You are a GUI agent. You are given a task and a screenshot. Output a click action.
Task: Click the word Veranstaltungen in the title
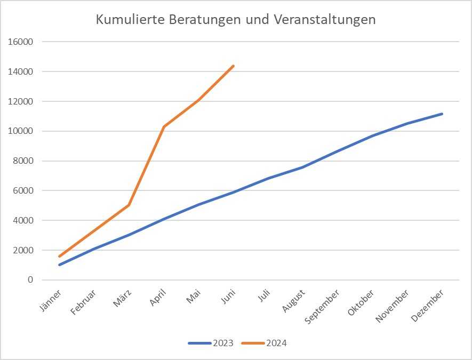(x=325, y=19)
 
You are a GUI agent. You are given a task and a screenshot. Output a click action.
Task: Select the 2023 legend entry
(x=211, y=343)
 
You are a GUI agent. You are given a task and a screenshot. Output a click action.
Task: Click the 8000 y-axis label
(x=24, y=161)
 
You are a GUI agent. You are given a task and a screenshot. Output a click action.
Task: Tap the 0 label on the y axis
(x=30, y=279)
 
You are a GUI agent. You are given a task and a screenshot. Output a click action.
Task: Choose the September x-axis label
(x=321, y=306)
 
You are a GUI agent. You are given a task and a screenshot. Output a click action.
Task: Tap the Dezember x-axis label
(x=427, y=305)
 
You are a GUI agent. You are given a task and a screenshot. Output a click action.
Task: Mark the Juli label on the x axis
(x=263, y=295)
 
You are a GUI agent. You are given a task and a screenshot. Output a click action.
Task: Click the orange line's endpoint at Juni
(x=233, y=66)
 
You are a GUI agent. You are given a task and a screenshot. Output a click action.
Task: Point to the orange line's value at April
(x=164, y=126)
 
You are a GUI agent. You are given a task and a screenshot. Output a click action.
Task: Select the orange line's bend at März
(x=129, y=205)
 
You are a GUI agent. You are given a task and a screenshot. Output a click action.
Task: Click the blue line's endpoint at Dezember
(x=442, y=114)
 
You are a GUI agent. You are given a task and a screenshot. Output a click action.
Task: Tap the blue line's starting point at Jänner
(x=59, y=265)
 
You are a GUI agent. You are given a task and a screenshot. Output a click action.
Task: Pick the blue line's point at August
(x=303, y=167)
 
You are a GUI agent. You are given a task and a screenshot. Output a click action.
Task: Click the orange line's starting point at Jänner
(x=59, y=256)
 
